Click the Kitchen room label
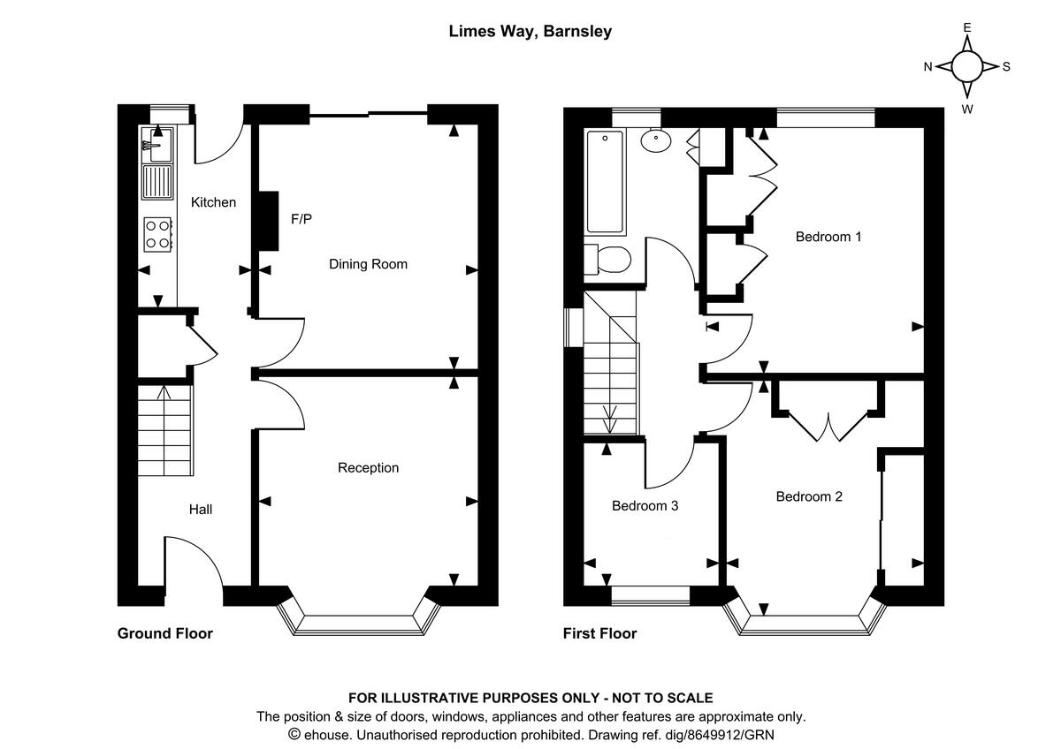click(213, 202)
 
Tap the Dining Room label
click(368, 264)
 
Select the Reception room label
click(368, 467)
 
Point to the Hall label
click(201, 509)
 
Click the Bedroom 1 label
click(828, 237)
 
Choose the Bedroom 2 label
click(809, 496)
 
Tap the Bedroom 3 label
click(645, 506)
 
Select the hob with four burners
click(158, 233)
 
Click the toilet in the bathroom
click(607, 260)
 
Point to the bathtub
click(606, 182)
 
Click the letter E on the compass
click(967, 27)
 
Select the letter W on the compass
click(967, 110)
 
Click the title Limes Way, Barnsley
click(530, 32)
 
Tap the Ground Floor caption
click(165, 633)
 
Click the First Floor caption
click(600, 633)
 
